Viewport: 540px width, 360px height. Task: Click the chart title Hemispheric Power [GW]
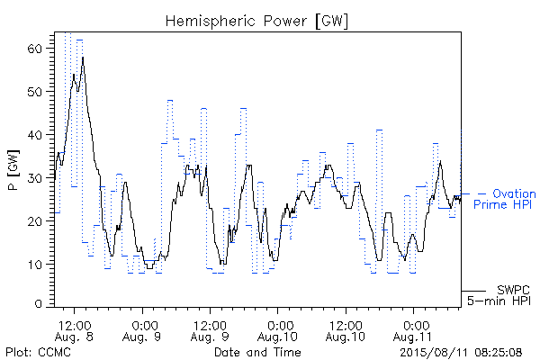point(256,22)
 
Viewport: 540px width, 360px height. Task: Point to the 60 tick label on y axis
point(34,49)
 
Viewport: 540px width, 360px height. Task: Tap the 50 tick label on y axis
point(34,92)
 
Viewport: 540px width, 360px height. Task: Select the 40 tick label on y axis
point(34,135)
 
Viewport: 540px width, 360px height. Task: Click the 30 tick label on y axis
point(34,178)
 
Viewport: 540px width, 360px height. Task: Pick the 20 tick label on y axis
point(34,220)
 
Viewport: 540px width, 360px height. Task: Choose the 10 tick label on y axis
point(34,265)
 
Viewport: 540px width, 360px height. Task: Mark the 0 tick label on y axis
point(38,304)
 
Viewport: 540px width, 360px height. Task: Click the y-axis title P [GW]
point(13,170)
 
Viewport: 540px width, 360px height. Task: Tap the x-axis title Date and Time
point(257,352)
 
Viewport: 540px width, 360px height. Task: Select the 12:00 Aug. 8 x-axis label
point(74,331)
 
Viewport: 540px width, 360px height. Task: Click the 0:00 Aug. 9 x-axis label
point(142,331)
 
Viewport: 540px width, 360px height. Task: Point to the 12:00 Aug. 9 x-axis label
point(210,331)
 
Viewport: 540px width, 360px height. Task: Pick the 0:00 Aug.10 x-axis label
point(277,331)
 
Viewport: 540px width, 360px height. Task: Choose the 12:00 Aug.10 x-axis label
point(346,331)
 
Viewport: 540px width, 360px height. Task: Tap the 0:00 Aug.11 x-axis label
point(413,331)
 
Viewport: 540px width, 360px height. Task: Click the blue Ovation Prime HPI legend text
point(505,199)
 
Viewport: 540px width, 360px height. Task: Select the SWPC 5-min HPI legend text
point(499,295)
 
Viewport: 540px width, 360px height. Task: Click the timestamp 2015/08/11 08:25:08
point(461,352)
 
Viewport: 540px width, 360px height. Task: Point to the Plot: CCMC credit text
point(38,352)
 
